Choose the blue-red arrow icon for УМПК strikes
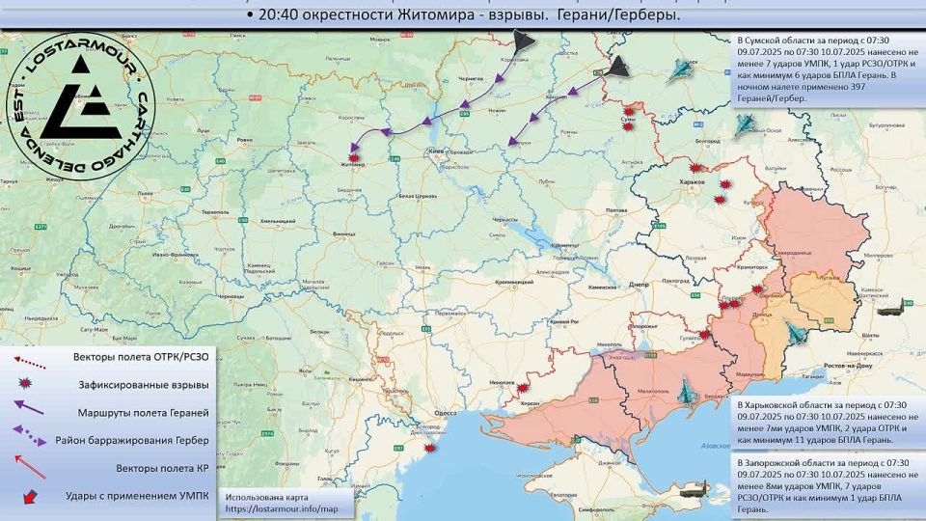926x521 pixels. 29,497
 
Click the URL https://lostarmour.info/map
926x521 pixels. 282,508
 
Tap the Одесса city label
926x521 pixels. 445,412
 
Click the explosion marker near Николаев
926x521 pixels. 523,388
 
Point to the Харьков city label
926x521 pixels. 692,182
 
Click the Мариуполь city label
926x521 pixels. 749,373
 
